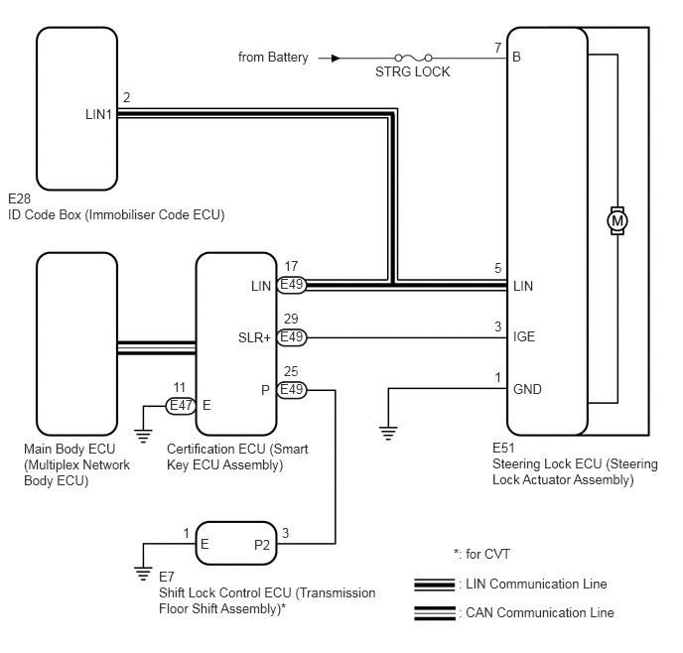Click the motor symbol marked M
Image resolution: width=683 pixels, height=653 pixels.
click(617, 220)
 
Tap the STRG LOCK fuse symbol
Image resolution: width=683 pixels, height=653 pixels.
click(413, 58)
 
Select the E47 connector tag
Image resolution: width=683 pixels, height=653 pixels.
click(181, 406)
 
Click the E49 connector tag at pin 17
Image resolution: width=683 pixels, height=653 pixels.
click(292, 285)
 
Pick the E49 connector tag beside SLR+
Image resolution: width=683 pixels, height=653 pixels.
click(292, 337)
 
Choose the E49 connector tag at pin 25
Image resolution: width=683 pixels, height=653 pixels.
click(292, 390)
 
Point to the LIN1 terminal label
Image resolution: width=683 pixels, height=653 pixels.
click(98, 114)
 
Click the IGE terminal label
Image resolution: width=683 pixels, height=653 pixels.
click(524, 336)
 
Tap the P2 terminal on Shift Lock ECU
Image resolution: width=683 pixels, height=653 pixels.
click(262, 545)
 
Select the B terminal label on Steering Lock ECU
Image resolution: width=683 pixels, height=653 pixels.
click(516, 57)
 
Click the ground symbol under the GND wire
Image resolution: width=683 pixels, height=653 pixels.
click(388, 433)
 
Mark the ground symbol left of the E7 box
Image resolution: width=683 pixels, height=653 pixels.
click(143, 574)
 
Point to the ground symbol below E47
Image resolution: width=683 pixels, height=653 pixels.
click(143, 437)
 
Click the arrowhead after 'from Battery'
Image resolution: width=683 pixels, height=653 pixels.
click(336, 58)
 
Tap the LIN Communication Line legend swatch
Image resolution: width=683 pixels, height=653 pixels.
click(435, 585)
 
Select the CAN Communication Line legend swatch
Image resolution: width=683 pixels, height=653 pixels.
click(435, 613)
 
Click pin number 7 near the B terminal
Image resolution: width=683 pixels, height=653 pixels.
click(498, 48)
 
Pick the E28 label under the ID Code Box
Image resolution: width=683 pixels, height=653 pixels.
click(19, 198)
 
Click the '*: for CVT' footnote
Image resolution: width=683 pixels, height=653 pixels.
click(481, 554)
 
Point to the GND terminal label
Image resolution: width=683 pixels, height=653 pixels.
click(527, 389)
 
